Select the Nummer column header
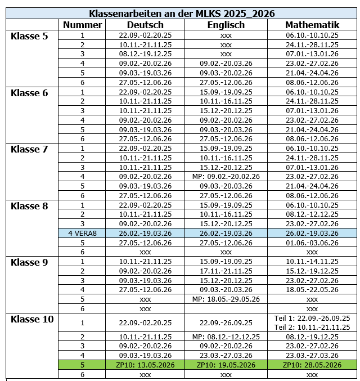pos(82,25)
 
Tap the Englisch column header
pos(226,25)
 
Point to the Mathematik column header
pos(312,25)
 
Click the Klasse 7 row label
pos(29,149)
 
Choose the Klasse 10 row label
pos(32,319)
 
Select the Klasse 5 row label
pos(29,36)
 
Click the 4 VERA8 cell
pos(83,233)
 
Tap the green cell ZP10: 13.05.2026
pos(145,365)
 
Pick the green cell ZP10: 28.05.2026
pos(312,365)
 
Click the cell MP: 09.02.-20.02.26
pos(226,176)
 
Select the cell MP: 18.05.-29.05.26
pos(226,299)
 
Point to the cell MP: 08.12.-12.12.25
pos(226,336)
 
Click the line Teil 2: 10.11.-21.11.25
pos(312,327)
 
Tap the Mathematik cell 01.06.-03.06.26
pos(312,243)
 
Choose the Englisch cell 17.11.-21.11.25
pos(226,271)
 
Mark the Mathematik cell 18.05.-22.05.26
pos(312,289)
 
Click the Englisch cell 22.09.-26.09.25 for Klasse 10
pos(226,322)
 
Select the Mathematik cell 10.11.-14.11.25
pos(312,261)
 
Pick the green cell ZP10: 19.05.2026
pos(226,365)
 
